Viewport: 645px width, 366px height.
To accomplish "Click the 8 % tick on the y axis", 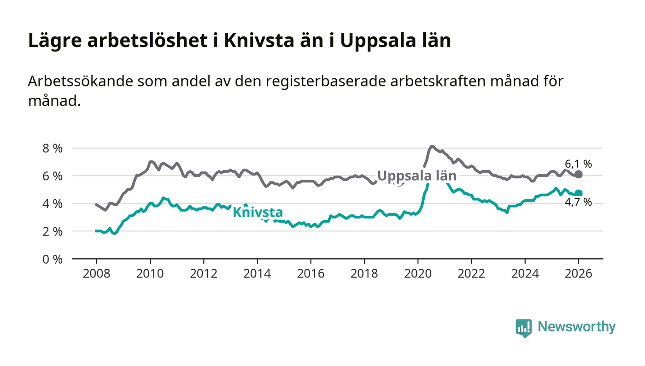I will click(52, 149).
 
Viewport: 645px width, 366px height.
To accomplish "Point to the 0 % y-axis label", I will click(52, 260).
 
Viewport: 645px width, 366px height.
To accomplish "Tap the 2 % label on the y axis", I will click(52, 232).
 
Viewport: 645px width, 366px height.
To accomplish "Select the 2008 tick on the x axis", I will click(96, 273).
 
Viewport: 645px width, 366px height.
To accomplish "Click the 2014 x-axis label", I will click(257, 273).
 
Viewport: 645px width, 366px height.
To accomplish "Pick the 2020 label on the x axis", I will click(418, 273).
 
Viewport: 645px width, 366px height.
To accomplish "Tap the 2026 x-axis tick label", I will click(579, 273).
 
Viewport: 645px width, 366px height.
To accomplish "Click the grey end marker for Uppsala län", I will click(579, 174).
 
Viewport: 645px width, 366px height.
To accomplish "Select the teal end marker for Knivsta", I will click(579, 194).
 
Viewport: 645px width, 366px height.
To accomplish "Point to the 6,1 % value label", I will click(578, 164).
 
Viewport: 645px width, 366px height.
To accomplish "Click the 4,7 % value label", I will click(578, 202).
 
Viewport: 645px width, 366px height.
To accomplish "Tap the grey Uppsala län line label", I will click(416, 176).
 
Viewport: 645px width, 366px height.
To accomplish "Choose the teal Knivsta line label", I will click(258, 213).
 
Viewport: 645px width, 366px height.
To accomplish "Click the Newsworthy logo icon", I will click(523, 327).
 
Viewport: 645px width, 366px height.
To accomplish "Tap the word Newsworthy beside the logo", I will click(576, 327).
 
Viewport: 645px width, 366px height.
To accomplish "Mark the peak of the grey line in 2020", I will click(432, 147).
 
